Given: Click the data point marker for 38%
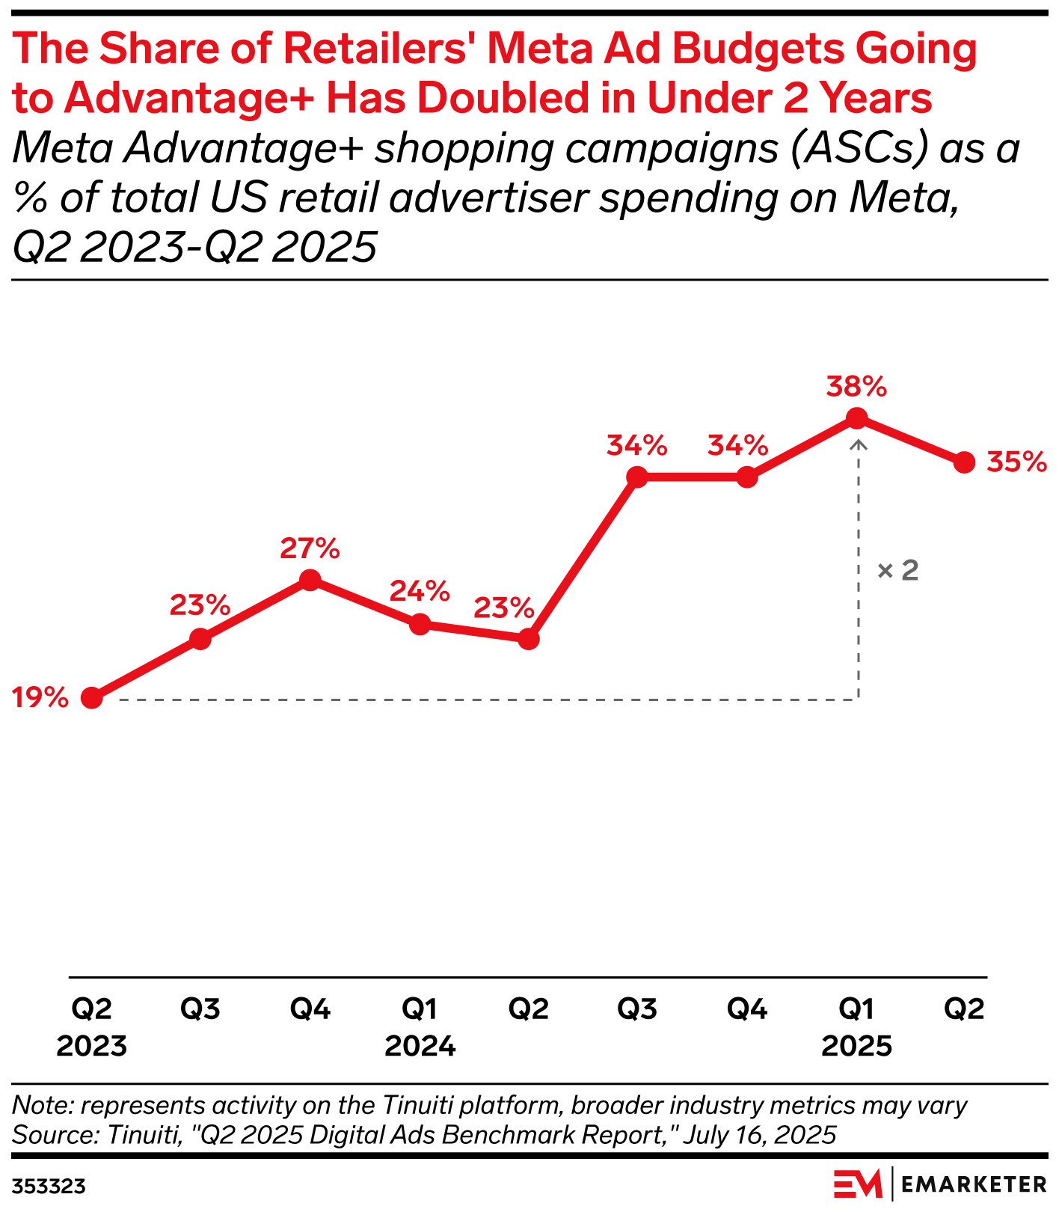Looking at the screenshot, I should click(857, 418).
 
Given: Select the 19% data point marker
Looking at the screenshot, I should click(91, 698).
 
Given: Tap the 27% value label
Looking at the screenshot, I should click(310, 548).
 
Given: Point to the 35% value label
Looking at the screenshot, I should click(1016, 462).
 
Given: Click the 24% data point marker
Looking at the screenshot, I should click(420, 623).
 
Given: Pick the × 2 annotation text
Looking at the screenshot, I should click(897, 571).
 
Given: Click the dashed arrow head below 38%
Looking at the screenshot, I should click(859, 444).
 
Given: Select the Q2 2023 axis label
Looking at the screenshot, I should click(91, 1026).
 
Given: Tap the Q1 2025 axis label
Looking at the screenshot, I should click(856, 1026).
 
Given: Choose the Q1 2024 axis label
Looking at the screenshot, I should click(420, 1026).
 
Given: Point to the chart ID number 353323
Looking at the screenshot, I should click(48, 1187).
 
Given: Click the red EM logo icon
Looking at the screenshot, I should click(858, 1184).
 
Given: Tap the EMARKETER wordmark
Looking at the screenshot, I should click(973, 1184).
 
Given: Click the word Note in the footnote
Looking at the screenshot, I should click(41, 1105).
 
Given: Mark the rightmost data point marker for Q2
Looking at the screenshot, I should click(965, 462).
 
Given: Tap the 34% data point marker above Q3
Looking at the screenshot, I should click(637, 477).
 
